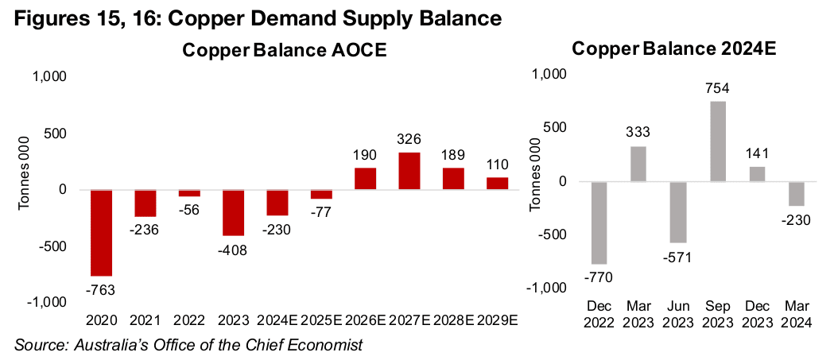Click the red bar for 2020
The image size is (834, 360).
click(106, 232)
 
